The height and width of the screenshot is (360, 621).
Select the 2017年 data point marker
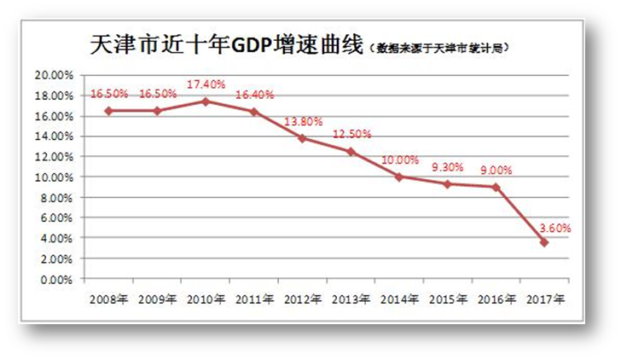coord(543,242)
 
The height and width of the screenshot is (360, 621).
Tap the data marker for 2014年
coord(398,177)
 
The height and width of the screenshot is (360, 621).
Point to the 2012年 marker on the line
coord(302,137)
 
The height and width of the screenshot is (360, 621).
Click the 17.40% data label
coord(206,86)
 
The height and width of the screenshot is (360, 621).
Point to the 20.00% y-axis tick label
coord(53,75)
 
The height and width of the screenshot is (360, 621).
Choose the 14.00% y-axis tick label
coord(53,136)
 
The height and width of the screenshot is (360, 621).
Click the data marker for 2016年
coord(496,187)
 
